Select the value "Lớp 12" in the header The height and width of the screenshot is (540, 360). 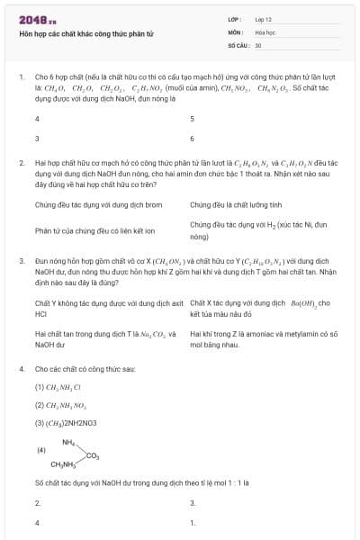[264, 19]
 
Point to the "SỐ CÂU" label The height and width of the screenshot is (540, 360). [238, 44]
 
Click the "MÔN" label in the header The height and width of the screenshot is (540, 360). [236, 31]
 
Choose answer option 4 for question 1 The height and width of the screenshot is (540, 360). [37, 119]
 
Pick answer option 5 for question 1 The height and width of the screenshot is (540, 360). [192, 119]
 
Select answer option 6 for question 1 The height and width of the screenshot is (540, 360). [192, 139]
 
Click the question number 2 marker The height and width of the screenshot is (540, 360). [21, 163]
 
